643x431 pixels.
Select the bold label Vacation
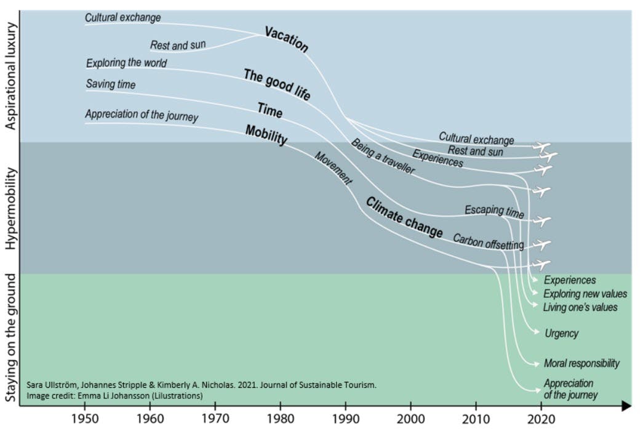286,39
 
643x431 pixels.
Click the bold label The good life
277,84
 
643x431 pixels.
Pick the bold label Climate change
404,217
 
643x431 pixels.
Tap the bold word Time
270,111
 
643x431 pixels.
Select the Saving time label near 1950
110,84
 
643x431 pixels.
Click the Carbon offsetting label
488,242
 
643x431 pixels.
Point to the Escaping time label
494,212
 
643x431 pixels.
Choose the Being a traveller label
382,156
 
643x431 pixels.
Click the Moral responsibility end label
581,363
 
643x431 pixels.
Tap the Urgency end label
561,333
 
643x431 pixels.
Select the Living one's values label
580,307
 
